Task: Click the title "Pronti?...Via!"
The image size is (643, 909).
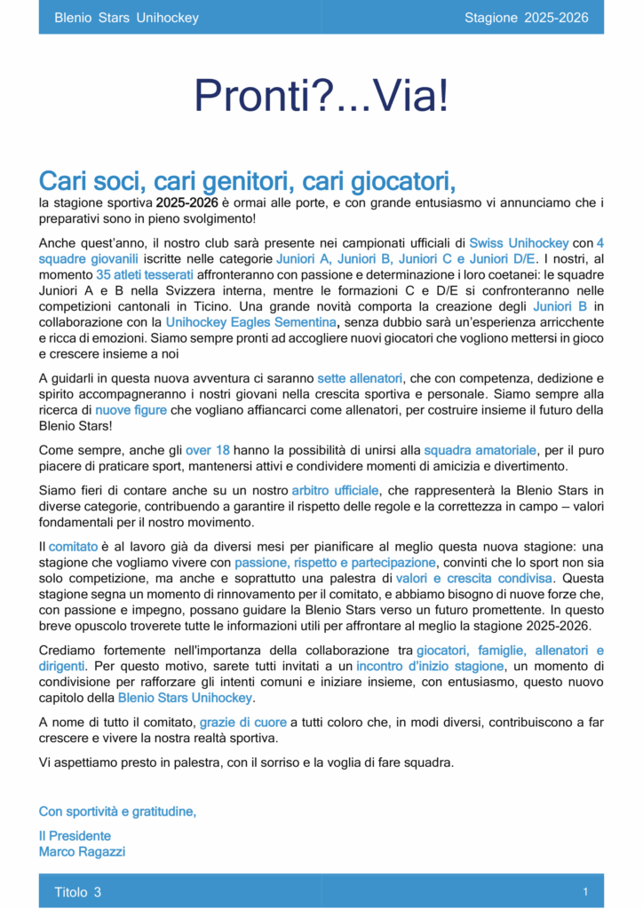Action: click(321, 97)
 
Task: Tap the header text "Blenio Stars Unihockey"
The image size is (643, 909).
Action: click(126, 18)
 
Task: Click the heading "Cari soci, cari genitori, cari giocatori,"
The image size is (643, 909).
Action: click(247, 181)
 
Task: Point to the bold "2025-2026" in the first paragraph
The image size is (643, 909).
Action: click(187, 203)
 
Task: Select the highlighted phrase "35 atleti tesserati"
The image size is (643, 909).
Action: click(144, 274)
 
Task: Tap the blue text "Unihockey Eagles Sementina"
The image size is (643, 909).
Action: click(251, 322)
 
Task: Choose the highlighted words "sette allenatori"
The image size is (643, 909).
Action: click(360, 378)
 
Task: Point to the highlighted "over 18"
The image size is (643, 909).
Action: click(208, 450)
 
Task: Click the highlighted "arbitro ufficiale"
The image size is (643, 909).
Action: click(336, 490)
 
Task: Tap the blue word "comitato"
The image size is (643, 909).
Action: click(73, 547)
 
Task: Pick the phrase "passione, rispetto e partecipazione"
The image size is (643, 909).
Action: click(335, 563)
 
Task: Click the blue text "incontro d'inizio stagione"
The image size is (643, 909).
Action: click(430, 666)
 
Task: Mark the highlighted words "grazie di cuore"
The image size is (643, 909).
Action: click(242, 722)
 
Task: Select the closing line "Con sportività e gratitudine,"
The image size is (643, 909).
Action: click(117, 811)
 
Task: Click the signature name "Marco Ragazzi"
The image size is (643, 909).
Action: click(82, 851)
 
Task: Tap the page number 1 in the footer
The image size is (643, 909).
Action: click(585, 890)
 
